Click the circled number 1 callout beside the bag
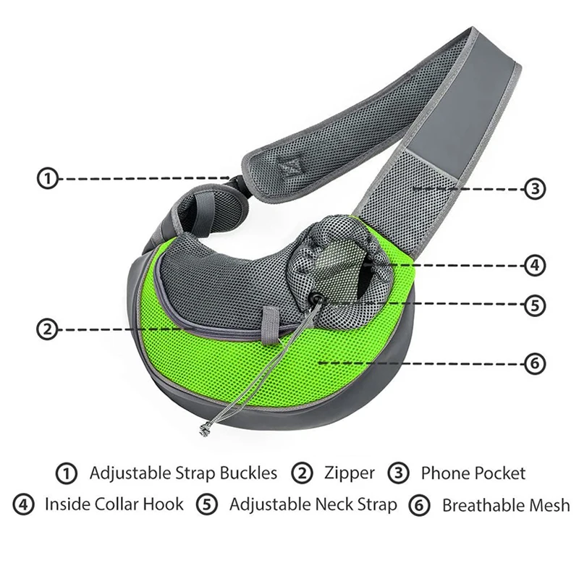[47, 179]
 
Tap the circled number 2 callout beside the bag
[46, 329]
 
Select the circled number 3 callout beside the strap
[533, 190]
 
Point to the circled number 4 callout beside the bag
[533, 265]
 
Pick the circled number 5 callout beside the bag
[533, 305]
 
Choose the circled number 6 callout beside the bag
[533, 363]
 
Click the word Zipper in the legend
[349, 473]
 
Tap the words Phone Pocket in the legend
[473, 473]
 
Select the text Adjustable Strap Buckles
[183, 473]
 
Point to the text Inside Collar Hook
[114, 504]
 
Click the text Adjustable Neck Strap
[313, 504]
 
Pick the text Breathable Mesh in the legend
[505, 504]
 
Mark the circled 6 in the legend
[418, 504]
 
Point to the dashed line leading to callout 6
[420, 363]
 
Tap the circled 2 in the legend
[303, 474]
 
